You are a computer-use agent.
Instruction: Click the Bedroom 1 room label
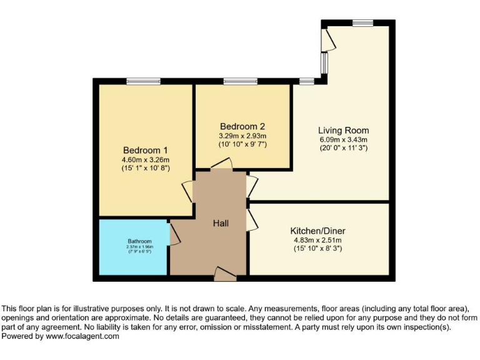coord(146,151)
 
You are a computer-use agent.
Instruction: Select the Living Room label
coord(343,131)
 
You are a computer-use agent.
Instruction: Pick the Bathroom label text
coord(140,241)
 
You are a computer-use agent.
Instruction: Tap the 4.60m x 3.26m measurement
coord(146,159)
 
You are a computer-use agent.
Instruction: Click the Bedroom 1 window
coord(143,81)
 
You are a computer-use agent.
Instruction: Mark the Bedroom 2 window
coord(241,81)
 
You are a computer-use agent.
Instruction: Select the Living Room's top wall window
coord(362,23)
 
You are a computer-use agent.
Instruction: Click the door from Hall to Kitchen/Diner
coord(252,220)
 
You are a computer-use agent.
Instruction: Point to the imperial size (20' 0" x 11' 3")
coord(343,148)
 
